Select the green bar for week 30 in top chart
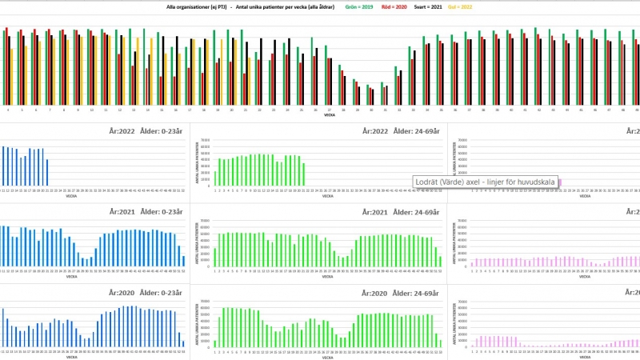click(367, 93)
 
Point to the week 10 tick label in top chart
click(91, 110)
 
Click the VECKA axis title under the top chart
click(329, 115)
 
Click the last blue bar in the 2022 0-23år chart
click(47, 172)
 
